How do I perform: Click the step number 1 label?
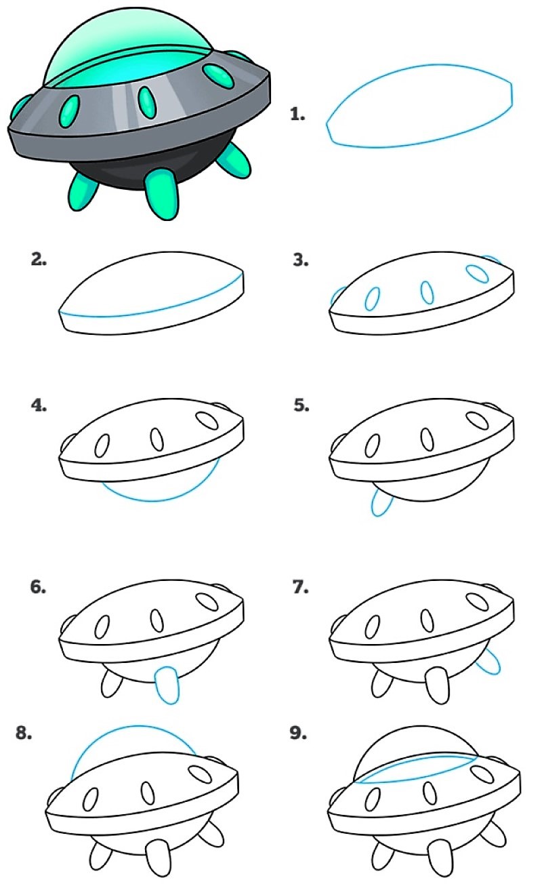[x=297, y=115]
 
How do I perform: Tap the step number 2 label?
[x=39, y=260]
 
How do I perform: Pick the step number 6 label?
[x=39, y=587]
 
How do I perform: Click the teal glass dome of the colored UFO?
[x=122, y=47]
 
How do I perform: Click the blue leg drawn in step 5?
[x=381, y=503]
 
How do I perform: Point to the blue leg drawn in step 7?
[x=488, y=662]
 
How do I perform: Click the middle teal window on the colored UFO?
[x=147, y=101]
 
